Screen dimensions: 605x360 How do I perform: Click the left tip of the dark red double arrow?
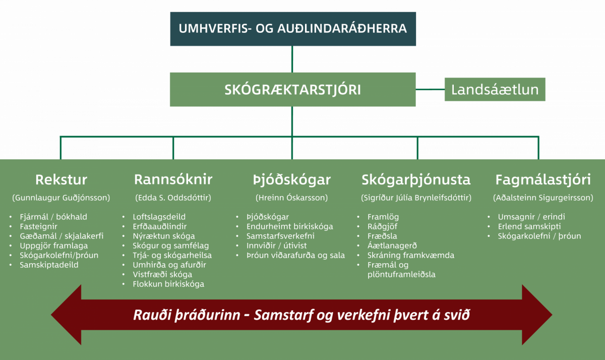tap(51, 315)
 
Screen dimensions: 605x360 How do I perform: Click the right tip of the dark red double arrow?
tap(552, 315)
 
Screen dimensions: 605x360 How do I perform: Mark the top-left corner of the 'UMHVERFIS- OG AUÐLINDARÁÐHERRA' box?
tap(170, 12)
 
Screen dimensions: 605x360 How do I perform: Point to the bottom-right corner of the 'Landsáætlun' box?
tap(545, 101)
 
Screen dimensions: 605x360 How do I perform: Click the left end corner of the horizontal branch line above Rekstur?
tap(60, 137)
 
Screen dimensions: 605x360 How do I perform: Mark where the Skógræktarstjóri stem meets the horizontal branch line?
tap(292, 137)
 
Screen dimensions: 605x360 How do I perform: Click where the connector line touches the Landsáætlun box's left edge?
tap(445, 89)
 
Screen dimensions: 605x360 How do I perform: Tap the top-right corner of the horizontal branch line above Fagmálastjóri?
tap(538, 137)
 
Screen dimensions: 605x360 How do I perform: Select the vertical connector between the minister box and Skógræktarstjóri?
tap(292, 59)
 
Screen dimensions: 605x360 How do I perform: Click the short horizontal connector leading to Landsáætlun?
tap(430, 89)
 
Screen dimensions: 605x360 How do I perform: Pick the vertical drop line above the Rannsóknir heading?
tap(173, 148)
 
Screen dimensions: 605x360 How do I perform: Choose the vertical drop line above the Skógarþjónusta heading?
tap(417, 148)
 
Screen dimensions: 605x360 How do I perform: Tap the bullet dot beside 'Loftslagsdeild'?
tap(124, 217)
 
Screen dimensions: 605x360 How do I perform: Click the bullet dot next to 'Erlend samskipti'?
tap(489, 226)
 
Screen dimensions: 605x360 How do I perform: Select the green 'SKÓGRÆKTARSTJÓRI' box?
tap(293, 89)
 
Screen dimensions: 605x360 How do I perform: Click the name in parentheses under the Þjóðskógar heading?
tap(292, 198)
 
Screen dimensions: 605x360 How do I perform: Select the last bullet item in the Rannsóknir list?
tap(168, 284)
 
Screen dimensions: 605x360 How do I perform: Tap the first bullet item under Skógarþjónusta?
tap(383, 217)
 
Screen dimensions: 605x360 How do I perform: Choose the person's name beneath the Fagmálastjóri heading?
tap(543, 198)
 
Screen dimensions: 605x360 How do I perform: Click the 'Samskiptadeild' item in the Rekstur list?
tap(49, 265)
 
